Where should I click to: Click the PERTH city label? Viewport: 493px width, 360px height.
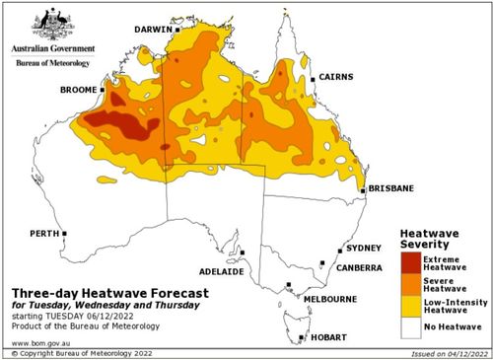(x=45, y=234)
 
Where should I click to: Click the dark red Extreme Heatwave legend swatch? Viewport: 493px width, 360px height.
(x=409, y=261)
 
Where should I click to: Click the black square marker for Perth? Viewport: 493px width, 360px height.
(x=64, y=234)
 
